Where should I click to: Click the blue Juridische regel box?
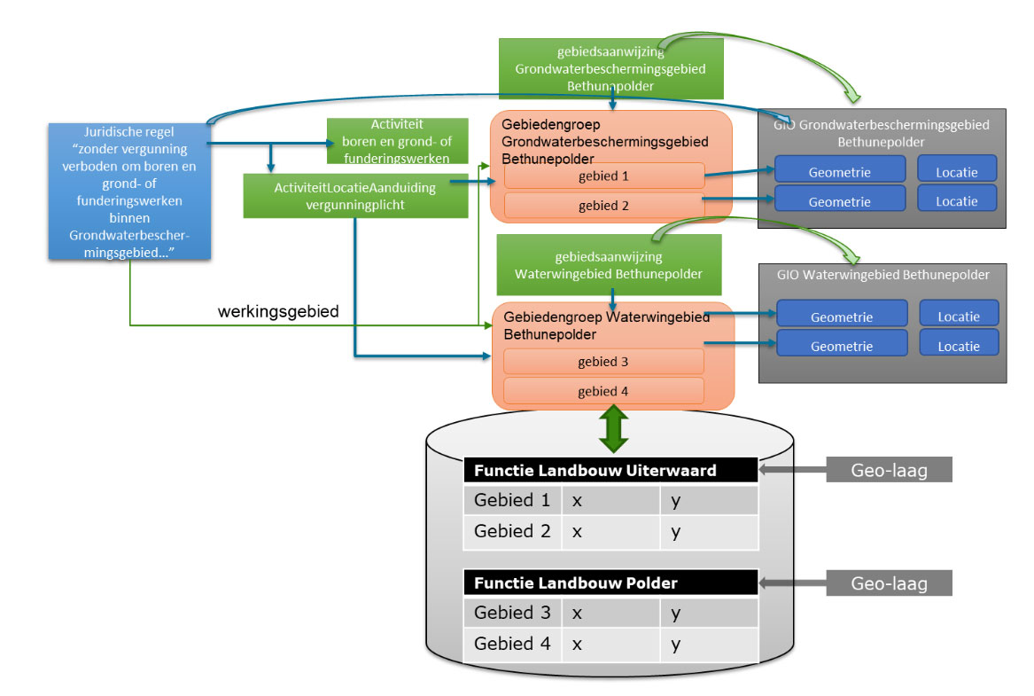click(129, 191)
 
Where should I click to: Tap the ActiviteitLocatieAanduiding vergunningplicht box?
click(355, 195)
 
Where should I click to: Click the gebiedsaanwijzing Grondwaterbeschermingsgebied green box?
click(610, 67)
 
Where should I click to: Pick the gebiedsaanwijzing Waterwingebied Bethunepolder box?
click(609, 264)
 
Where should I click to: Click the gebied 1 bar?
click(603, 176)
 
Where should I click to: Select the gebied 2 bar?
click(603, 206)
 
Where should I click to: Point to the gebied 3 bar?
click(603, 362)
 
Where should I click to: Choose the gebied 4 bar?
click(603, 391)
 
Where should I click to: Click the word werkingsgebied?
click(278, 312)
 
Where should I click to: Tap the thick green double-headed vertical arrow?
click(613, 431)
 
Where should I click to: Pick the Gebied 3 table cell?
click(512, 613)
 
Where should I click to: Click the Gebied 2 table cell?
click(512, 532)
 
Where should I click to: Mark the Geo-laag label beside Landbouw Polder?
click(889, 583)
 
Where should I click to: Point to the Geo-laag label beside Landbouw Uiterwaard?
click(889, 471)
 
